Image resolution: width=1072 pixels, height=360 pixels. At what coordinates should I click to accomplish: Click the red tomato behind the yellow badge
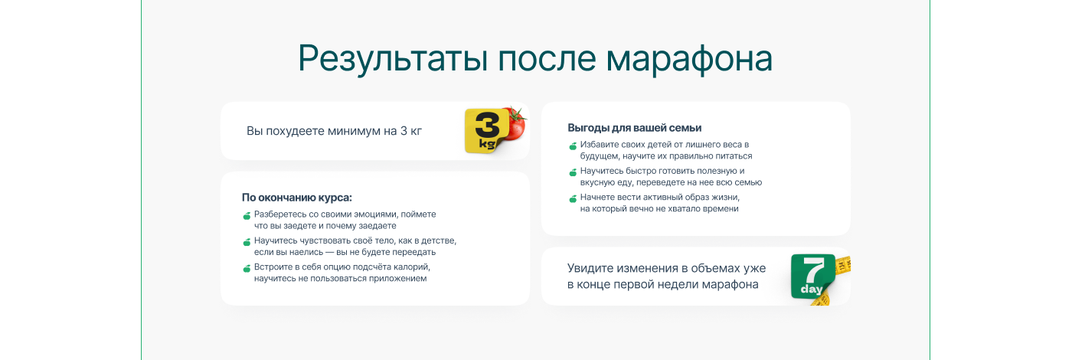[x=515, y=123]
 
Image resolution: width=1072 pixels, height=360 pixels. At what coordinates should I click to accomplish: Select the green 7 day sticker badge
[x=812, y=277]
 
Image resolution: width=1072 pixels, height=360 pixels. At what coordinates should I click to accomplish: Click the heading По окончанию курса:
[x=297, y=198]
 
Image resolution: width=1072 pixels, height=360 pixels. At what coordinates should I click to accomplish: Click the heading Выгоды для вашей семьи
[x=635, y=128]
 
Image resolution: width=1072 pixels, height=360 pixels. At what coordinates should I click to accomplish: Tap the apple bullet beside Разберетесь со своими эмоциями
[x=247, y=215]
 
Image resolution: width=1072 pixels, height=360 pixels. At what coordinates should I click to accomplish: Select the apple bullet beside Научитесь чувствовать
[x=247, y=242]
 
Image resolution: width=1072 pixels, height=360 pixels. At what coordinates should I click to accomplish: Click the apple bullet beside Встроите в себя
[x=247, y=268]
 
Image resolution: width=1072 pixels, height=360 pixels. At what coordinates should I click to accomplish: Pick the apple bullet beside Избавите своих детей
[x=573, y=146]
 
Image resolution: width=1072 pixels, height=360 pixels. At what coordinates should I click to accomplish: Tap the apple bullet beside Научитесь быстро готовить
[x=573, y=172]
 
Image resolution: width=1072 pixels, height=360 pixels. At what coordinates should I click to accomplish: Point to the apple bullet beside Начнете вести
[x=573, y=198]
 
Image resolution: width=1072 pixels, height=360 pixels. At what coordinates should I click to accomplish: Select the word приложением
[x=397, y=279]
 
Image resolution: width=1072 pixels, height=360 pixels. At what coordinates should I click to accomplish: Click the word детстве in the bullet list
[x=439, y=241]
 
